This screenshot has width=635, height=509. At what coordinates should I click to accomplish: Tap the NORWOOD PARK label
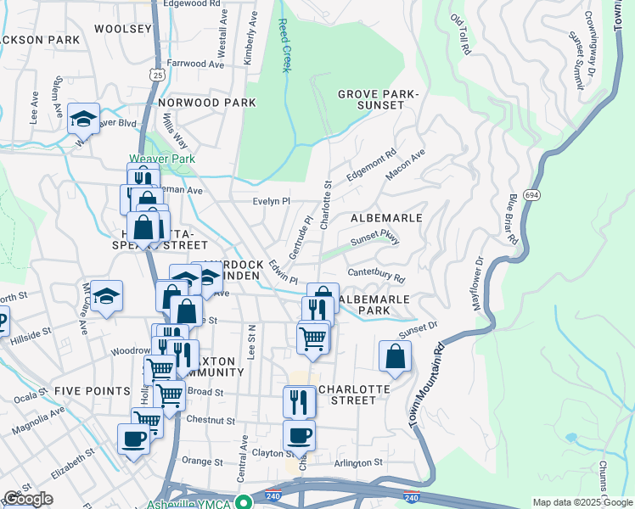[x=206, y=103]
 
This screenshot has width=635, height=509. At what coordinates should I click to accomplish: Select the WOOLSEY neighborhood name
[x=122, y=29]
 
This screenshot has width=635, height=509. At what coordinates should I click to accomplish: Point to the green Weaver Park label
[x=162, y=159]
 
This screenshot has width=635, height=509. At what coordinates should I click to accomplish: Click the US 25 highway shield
[x=158, y=76]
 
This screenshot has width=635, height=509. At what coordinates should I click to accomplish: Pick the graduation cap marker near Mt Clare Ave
[x=106, y=297]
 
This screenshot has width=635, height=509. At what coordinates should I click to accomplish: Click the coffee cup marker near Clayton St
[x=299, y=436]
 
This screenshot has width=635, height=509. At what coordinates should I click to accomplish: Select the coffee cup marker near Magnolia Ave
[x=133, y=439]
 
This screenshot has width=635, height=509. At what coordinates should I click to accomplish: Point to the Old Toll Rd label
[x=461, y=34]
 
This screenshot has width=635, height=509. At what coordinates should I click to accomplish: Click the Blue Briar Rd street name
[x=513, y=219]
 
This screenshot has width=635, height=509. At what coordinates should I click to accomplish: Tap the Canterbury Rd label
[x=375, y=277]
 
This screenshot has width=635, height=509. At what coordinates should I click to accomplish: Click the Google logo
[x=28, y=499]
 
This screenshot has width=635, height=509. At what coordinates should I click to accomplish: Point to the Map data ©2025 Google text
[x=582, y=502]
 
